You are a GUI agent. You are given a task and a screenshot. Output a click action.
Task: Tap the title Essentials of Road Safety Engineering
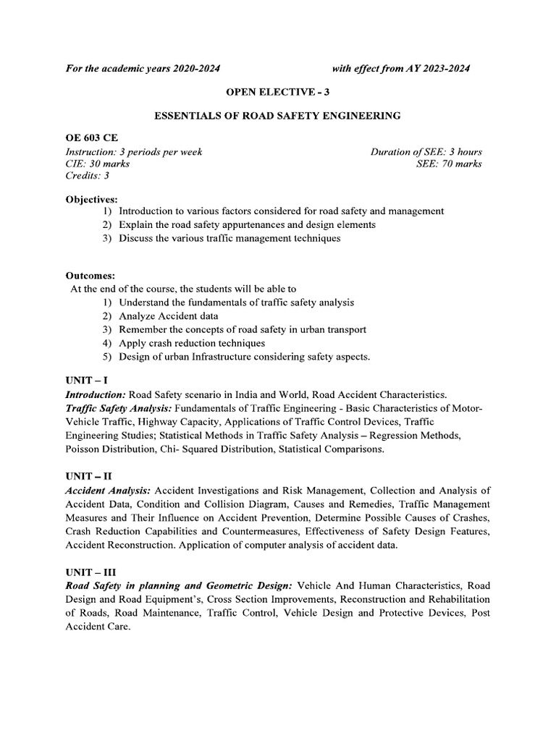pyautogui.click(x=278, y=115)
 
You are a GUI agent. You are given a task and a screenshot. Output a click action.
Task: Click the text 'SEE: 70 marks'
pyautogui.click(x=449, y=164)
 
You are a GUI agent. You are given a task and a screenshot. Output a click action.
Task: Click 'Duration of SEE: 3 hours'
pyautogui.click(x=426, y=152)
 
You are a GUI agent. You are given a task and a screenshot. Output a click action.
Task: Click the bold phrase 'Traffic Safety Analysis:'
pyautogui.click(x=118, y=408)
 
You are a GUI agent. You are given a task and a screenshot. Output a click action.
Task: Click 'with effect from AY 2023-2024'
pyautogui.click(x=400, y=69)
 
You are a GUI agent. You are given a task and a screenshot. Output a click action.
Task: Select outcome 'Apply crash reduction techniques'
pyautogui.click(x=192, y=343)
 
